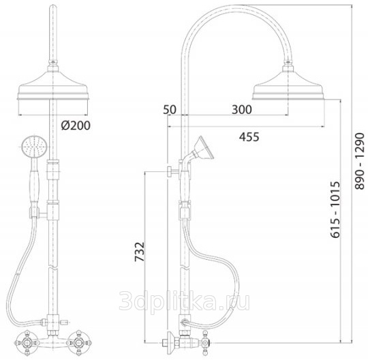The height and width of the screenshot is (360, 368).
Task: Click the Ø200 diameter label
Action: click(x=76, y=125)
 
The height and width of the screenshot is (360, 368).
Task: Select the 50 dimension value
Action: click(x=170, y=110)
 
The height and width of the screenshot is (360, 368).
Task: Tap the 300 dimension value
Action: click(x=242, y=110)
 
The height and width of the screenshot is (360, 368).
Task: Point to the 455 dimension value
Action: click(x=249, y=137)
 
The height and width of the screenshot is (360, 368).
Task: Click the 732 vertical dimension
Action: click(x=140, y=252)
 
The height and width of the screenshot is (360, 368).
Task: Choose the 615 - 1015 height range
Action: click(x=335, y=209)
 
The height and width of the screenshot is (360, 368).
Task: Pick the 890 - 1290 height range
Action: click(x=360, y=162)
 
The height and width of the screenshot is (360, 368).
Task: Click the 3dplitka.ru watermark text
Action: click(x=185, y=301)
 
